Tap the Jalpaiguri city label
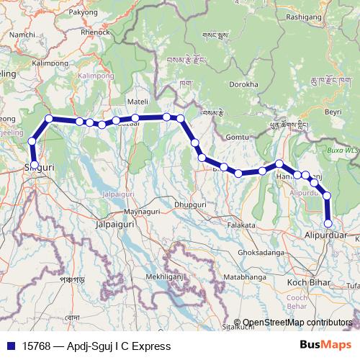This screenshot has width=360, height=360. [x=117, y=225]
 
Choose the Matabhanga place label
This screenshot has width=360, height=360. [x=245, y=276]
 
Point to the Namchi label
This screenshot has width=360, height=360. [x=22, y=35]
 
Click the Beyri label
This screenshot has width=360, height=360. [x=333, y=113]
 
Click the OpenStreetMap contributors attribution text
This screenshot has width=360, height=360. [x=297, y=323]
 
